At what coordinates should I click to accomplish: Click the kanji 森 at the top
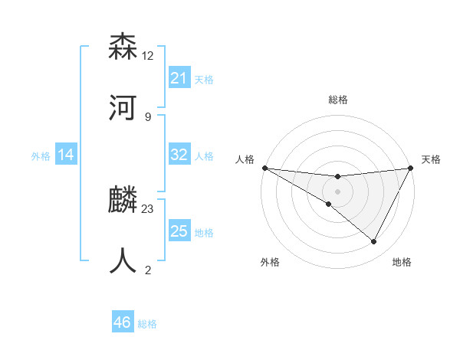[123, 47]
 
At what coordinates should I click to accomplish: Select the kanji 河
[123, 109]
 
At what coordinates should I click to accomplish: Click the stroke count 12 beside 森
[149, 55]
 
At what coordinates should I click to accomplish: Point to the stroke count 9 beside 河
[148, 116]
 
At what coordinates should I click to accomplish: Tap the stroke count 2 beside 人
[148, 270]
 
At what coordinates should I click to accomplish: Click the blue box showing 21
[179, 78]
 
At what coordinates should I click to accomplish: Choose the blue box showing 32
[179, 155]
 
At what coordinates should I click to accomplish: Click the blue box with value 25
[179, 231]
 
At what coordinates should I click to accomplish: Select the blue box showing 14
[66, 155]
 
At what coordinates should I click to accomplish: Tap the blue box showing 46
[123, 322]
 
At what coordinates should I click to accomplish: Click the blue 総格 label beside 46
[147, 324]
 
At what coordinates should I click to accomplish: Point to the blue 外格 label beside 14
[41, 156]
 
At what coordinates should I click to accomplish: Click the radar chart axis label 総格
[337, 100]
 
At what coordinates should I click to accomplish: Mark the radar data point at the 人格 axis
[264, 168]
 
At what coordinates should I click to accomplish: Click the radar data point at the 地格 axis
[374, 242]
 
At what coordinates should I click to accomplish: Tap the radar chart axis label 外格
[270, 262]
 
